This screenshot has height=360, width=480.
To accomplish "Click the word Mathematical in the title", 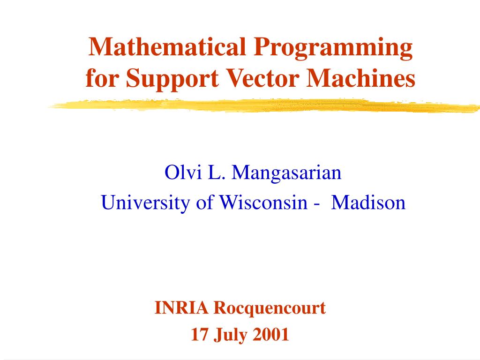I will coord(167,47).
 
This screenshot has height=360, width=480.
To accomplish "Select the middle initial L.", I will coord(213,173).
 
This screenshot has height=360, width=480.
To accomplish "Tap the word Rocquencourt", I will coord(270,308).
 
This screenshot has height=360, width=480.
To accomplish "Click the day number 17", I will coord(199,335).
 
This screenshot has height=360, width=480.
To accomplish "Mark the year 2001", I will coord(271,335).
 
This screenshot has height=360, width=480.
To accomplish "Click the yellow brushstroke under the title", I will coord(262,105).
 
